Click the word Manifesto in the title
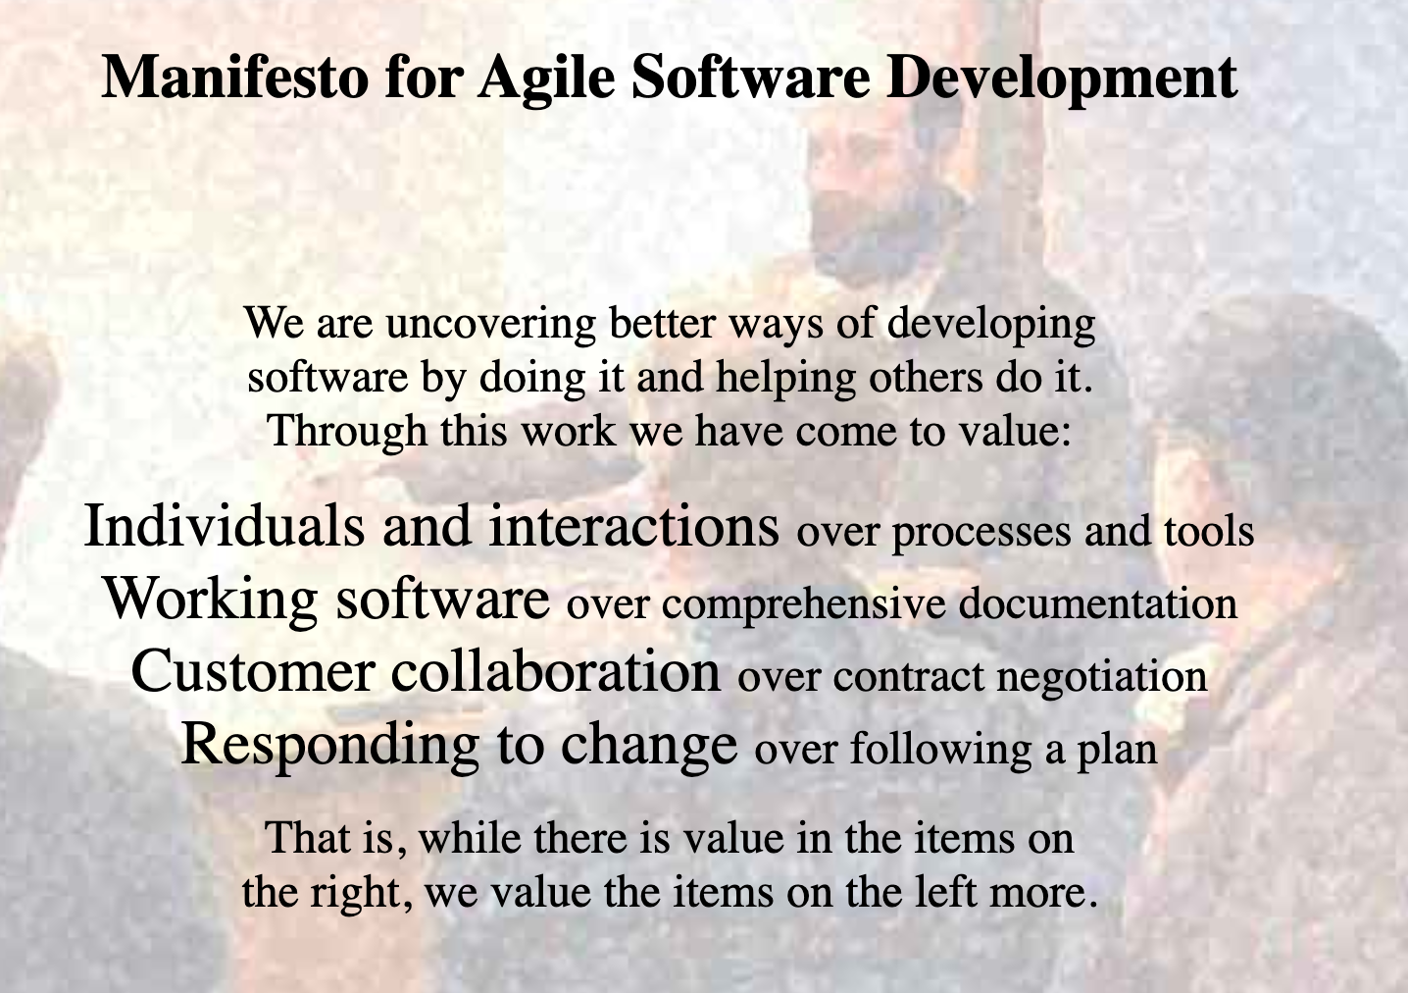[x=234, y=77]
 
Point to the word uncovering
[x=491, y=324]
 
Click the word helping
[x=785, y=379]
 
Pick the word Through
[x=348, y=433]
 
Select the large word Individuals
[x=225, y=526]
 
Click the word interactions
[x=634, y=526]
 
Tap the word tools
[x=1209, y=531]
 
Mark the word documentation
[x=1098, y=603]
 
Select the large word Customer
[x=253, y=671]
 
